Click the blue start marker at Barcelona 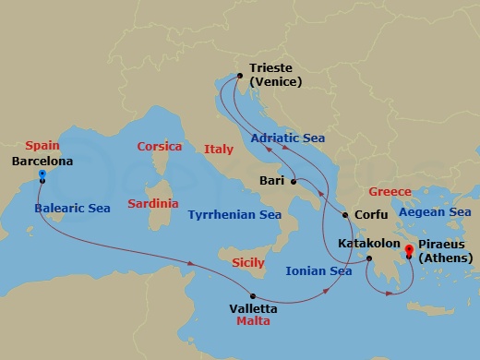42,174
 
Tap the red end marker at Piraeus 408,246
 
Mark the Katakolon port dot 367,259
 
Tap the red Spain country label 42,145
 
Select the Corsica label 160,147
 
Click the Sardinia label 153,202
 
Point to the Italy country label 219,149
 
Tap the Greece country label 390,192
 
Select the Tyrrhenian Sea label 234,215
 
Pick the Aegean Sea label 434,212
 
